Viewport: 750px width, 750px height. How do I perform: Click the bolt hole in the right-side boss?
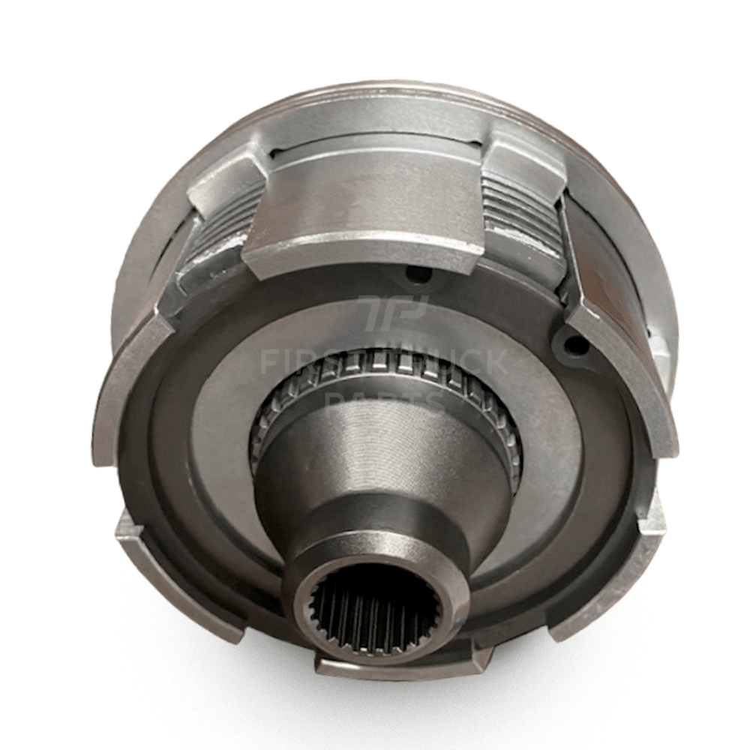[576, 345]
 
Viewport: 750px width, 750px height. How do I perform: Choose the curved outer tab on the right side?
[637, 390]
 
